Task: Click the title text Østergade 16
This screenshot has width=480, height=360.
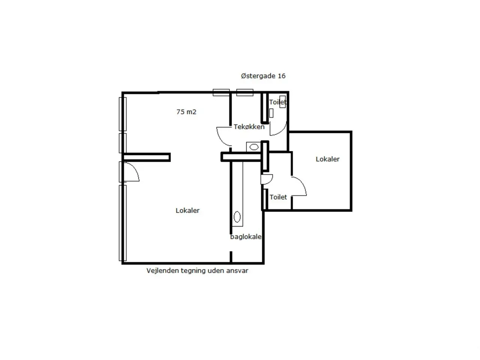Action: coord(263,76)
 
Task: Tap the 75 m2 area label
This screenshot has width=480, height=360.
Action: coord(186,112)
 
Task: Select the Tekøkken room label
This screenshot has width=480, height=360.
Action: coord(249,127)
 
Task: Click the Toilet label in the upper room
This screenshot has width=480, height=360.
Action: coord(278,102)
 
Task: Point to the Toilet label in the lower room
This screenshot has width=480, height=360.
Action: coord(278,197)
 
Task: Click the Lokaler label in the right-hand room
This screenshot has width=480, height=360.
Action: coord(328,159)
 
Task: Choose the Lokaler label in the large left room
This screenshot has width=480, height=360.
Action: coord(187,210)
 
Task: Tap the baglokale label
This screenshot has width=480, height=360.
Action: coord(246,237)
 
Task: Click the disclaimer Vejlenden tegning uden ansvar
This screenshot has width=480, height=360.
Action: coord(197,271)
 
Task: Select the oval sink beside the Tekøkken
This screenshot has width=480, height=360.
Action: coord(254,147)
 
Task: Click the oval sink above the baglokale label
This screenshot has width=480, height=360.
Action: coord(237,217)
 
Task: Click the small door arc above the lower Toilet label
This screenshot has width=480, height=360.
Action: coord(270,180)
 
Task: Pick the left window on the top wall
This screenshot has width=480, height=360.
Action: coord(221,93)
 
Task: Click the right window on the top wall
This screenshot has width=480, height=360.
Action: coord(245,93)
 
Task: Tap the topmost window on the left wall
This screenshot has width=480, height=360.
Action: coord(123,114)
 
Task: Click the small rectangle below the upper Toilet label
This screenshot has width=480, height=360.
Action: coord(271,113)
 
